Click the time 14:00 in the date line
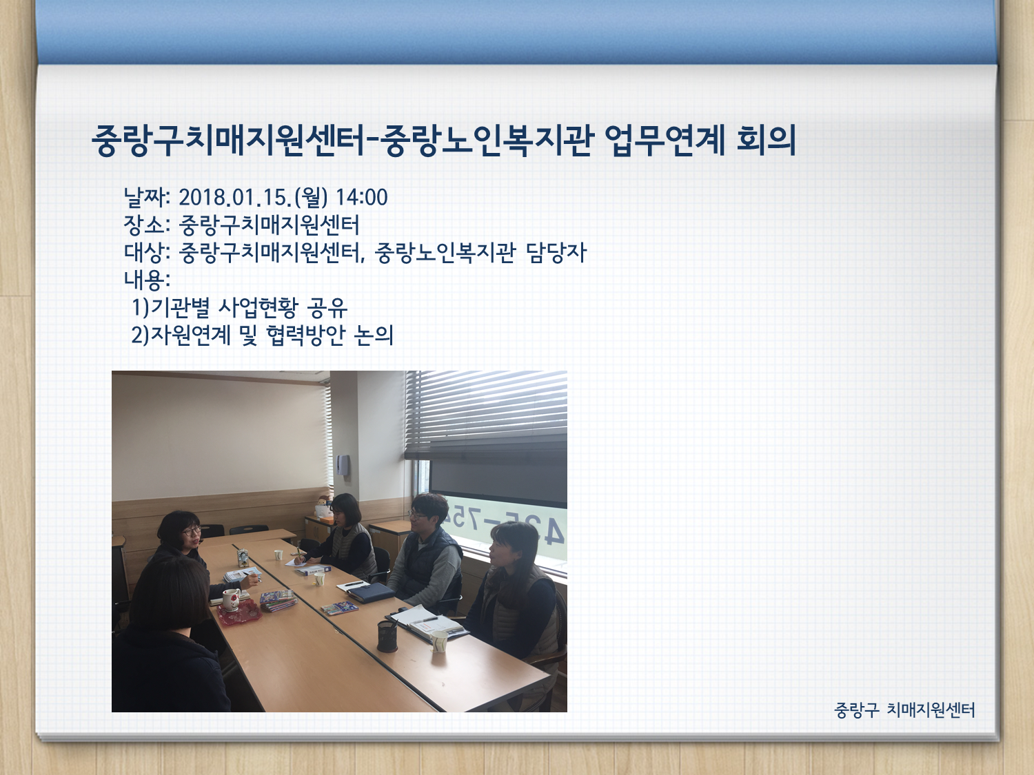(x=361, y=197)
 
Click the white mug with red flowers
(x=232, y=600)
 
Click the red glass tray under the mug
(x=239, y=614)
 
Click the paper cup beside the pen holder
(x=438, y=642)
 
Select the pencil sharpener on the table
(x=243, y=557)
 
